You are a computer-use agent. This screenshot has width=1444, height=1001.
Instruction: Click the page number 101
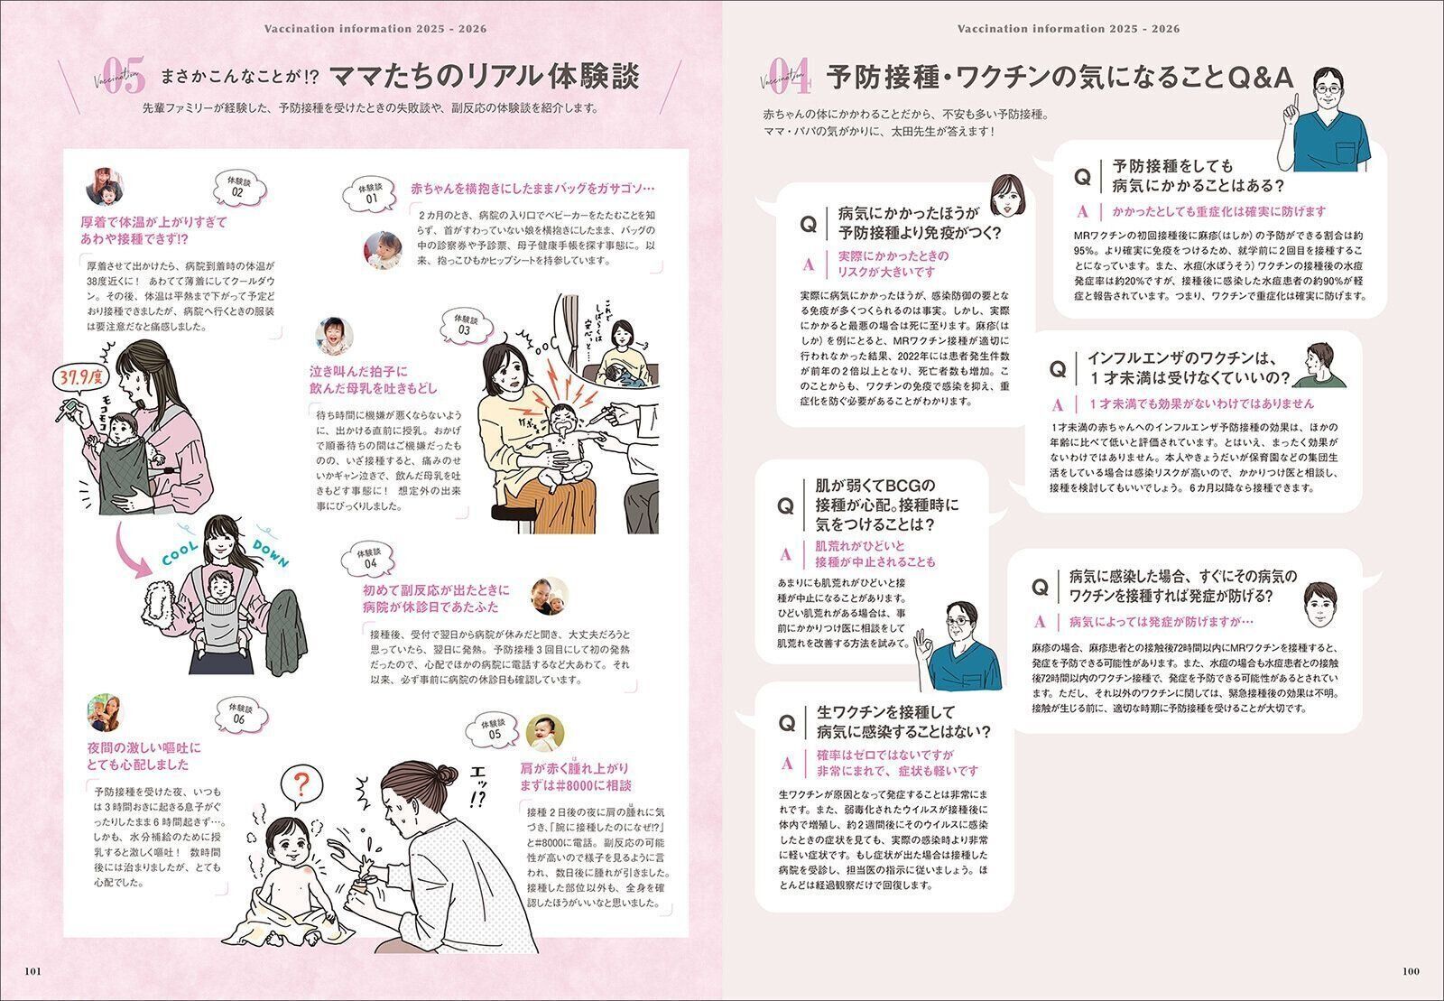(x=32, y=971)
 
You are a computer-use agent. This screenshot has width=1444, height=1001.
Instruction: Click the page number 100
(x=1411, y=971)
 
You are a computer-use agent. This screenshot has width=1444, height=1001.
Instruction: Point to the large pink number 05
(x=124, y=79)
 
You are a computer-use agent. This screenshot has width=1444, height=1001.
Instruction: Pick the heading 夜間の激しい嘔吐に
(x=144, y=756)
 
